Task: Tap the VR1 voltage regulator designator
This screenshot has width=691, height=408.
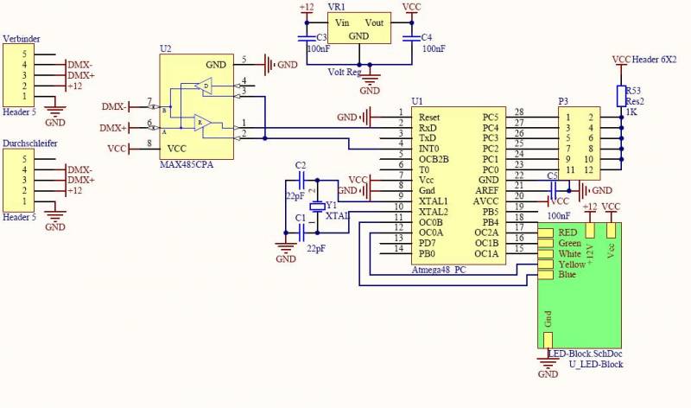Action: click(x=337, y=6)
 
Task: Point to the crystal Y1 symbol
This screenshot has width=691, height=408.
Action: click(x=317, y=206)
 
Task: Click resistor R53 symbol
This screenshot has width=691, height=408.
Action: click(x=620, y=95)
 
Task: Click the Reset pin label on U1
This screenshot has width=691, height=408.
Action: click(x=429, y=116)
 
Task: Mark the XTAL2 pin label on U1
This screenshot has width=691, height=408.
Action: click(x=433, y=211)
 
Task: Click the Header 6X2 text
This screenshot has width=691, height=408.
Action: click(x=656, y=59)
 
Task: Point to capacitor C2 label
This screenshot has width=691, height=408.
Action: click(x=300, y=164)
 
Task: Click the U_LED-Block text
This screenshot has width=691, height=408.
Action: click(x=595, y=364)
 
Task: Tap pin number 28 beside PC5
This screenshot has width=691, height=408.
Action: click(x=519, y=112)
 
